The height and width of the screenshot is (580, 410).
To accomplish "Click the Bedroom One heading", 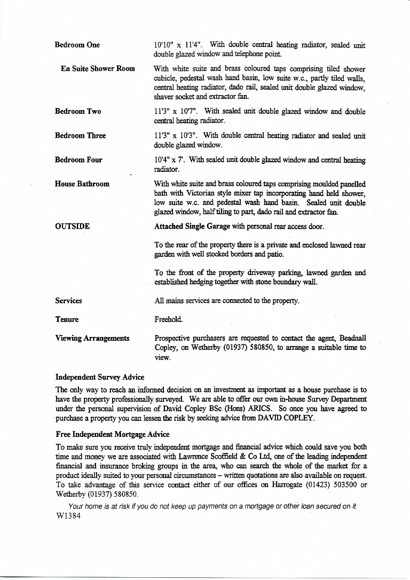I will [77, 45].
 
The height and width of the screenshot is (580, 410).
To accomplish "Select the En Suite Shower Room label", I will [98, 69].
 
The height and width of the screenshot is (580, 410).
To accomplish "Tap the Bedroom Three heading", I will [80, 136].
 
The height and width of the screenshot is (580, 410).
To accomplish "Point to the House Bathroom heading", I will [82, 184].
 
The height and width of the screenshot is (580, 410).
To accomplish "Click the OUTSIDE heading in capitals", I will [72, 226].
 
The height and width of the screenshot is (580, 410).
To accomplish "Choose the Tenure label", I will [67, 319].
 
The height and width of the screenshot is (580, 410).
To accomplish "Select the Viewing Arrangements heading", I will [92, 338].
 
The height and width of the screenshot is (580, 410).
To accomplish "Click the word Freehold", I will [168, 319].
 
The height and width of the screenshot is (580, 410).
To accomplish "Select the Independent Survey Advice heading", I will [100, 378].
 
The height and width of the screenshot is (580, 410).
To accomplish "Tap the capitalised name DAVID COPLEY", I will [290, 418].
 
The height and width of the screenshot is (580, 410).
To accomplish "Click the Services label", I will [68, 301].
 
